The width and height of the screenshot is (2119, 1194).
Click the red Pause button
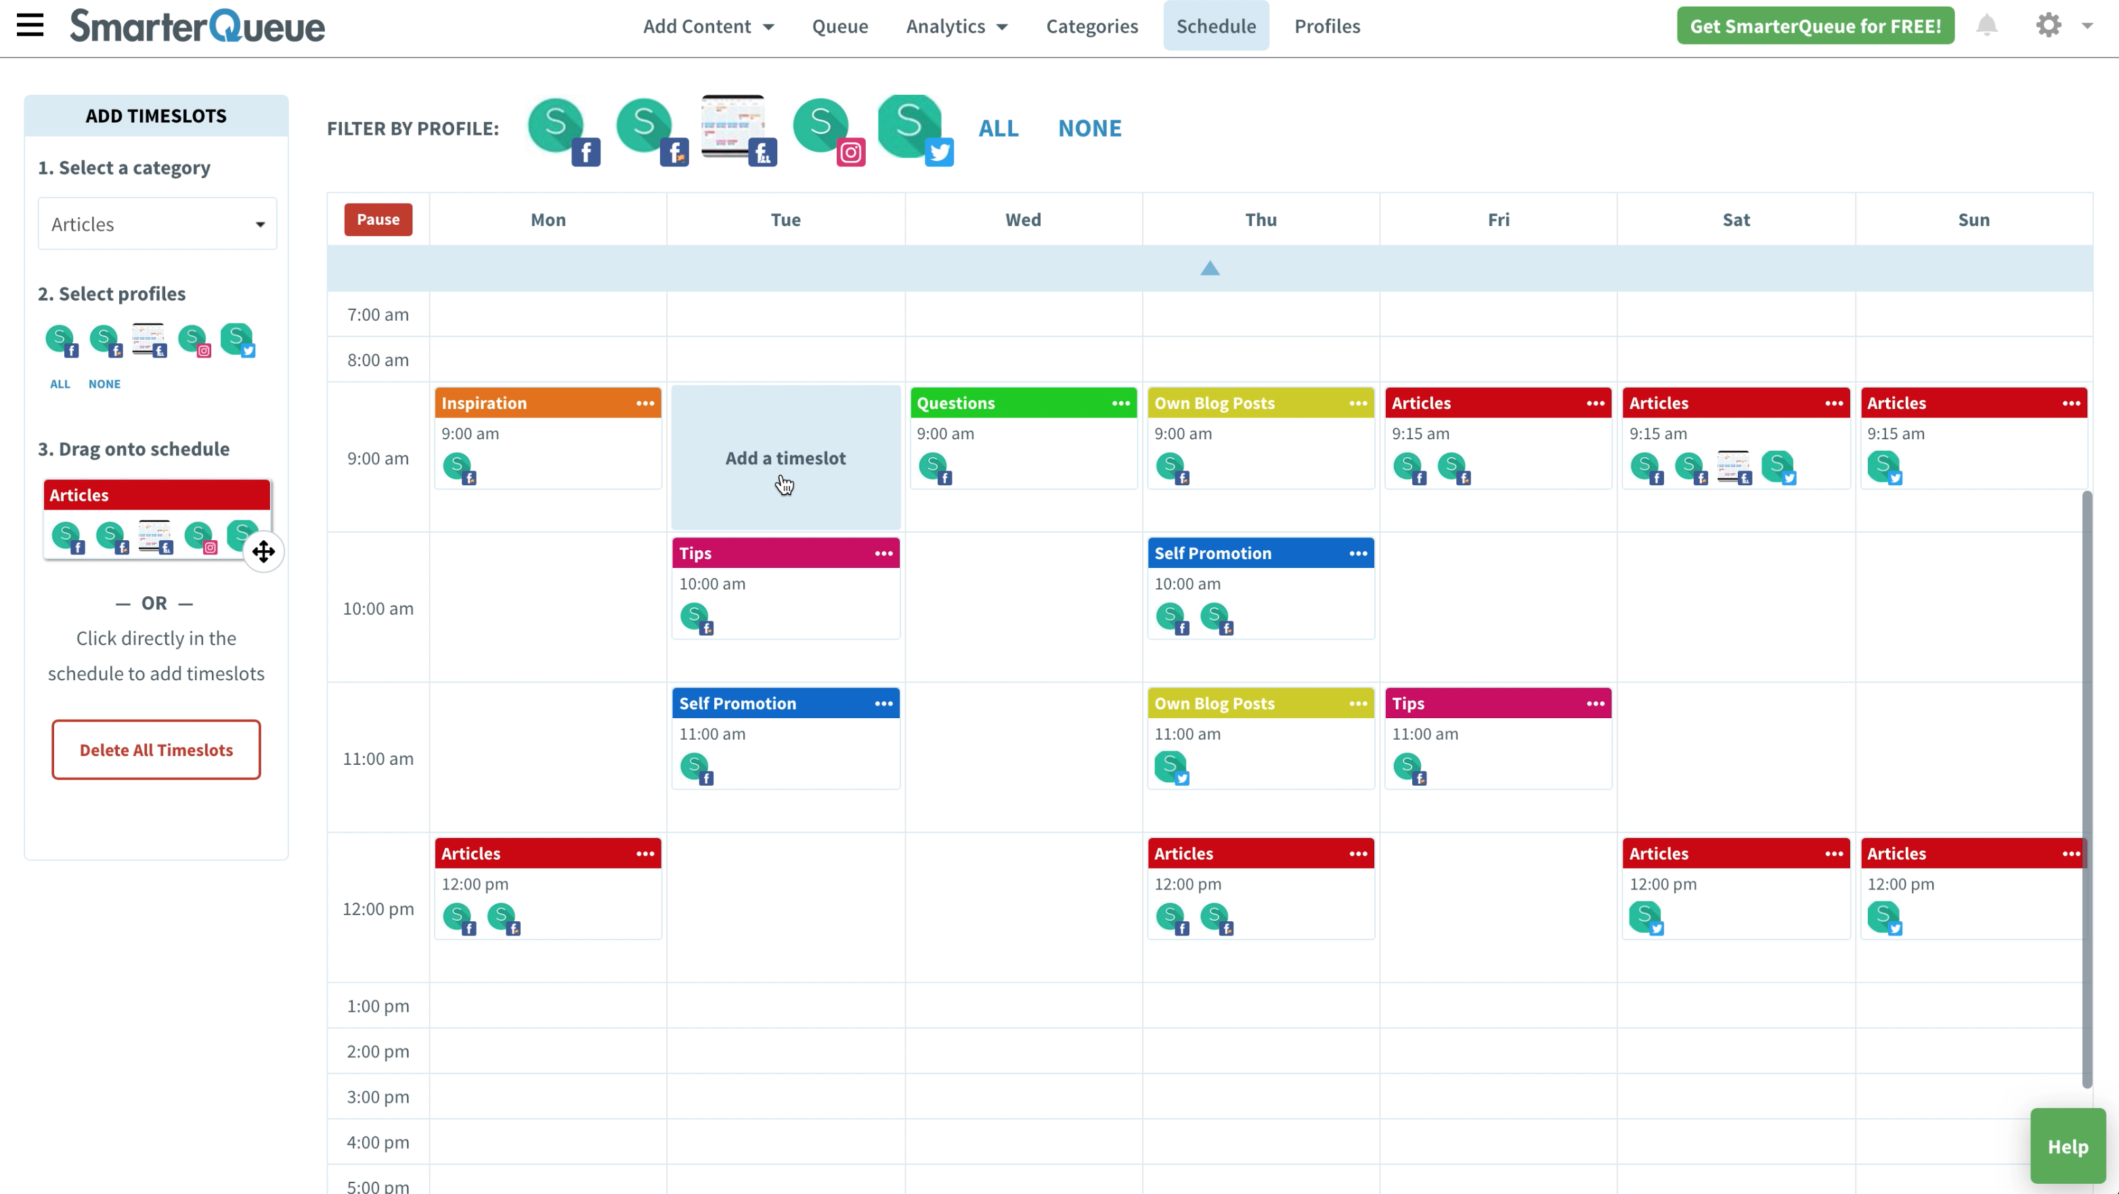click(x=378, y=219)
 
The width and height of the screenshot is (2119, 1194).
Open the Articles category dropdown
click(x=157, y=223)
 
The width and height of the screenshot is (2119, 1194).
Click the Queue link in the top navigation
click(x=840, y=26)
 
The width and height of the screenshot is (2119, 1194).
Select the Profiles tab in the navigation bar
click(x=1327, y=26)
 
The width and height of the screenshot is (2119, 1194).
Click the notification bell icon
click(x=1986, y=26)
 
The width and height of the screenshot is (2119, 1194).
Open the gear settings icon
click(x=2049, y=26)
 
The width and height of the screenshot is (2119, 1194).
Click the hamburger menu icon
click(x=30, y=26)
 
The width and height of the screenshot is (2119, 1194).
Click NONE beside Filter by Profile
click(x=1089, y=129)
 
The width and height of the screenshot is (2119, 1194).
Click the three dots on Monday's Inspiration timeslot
click(x=645, y=403)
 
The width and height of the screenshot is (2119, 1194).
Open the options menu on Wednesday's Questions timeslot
click(x=1120, y=403)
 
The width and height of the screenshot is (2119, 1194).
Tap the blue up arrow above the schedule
click(x=1209, y=268)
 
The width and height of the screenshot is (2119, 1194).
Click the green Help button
click(x=2067, y=1147)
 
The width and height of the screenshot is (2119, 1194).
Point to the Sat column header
click(x=1736, y=219)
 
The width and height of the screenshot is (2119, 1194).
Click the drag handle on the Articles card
click(x=263, y=552)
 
